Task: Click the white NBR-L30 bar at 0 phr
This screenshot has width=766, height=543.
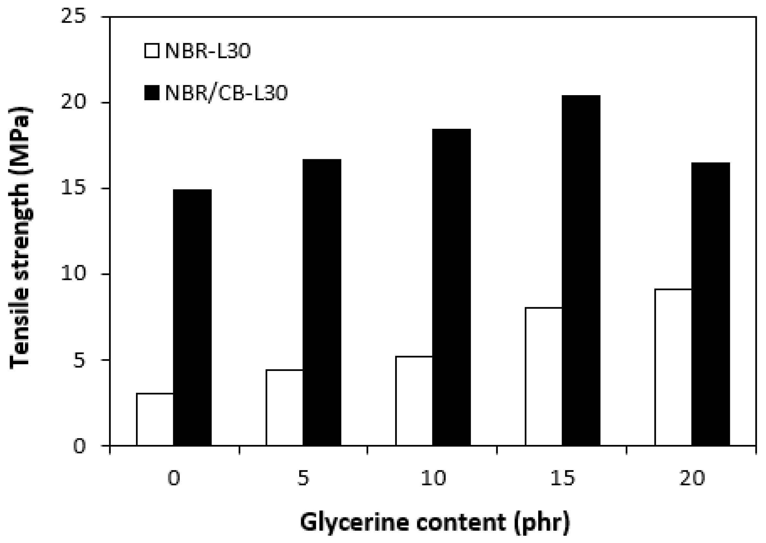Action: coord(155,419)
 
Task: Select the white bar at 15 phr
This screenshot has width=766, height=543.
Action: coord(544,376)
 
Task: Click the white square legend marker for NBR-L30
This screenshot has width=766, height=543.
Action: coord(152,51)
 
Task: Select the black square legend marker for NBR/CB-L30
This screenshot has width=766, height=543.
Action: coord(152,93)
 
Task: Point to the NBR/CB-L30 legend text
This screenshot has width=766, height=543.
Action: coord(227,93)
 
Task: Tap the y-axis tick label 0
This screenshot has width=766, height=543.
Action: coord(79,446)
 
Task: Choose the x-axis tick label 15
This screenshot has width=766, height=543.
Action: coord(563,478)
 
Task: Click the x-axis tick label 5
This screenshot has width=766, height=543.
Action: coord(303,478)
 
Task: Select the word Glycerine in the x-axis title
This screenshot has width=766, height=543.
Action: coord(354,522)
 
